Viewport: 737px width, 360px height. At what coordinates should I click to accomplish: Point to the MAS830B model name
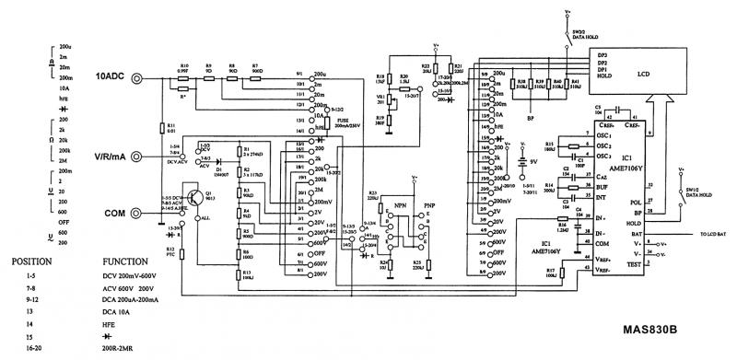point(650,330)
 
